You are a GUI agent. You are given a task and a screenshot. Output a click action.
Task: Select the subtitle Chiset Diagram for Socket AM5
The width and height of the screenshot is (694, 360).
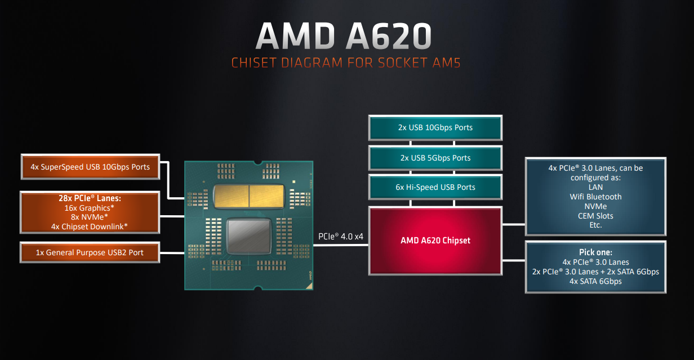pos(346,63)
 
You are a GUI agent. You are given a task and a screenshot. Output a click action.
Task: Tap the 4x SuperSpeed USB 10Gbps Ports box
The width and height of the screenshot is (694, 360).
pos(90,167)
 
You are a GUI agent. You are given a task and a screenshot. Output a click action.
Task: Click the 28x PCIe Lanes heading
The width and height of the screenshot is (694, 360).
pos(90,199)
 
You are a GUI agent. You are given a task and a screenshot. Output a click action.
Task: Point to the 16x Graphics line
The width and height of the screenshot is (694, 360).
pos(90,208)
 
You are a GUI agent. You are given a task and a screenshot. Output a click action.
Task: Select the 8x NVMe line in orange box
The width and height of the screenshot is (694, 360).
pos(90,217)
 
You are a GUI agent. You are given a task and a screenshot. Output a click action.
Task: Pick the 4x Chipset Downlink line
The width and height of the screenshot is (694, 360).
pos(90,226)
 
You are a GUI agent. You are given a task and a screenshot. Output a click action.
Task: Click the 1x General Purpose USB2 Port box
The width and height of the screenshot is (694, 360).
pos(90,252)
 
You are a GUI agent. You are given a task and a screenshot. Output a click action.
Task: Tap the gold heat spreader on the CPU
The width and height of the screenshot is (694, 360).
pos(248,195)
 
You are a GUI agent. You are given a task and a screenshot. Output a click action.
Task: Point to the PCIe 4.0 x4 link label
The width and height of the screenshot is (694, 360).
pos(342,237)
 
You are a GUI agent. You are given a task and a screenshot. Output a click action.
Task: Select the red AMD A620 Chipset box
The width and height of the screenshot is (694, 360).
pos(435,241)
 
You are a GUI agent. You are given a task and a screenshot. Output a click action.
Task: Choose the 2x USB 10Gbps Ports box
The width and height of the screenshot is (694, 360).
pos(435,127)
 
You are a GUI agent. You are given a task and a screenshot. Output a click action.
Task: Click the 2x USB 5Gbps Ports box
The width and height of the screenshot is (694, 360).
pos(435,158)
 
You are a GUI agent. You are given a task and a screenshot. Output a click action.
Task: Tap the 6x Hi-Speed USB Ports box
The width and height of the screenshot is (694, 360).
pos(435,187)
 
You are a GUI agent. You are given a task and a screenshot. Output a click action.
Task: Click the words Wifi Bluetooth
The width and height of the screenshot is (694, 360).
pos(595,197)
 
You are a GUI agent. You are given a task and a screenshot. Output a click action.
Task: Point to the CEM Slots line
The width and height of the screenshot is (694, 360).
pos(595,216)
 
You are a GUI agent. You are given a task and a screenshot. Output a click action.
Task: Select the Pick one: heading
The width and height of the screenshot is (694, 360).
pos(595,252)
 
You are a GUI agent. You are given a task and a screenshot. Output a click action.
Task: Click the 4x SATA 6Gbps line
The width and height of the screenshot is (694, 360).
pos(595,281)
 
